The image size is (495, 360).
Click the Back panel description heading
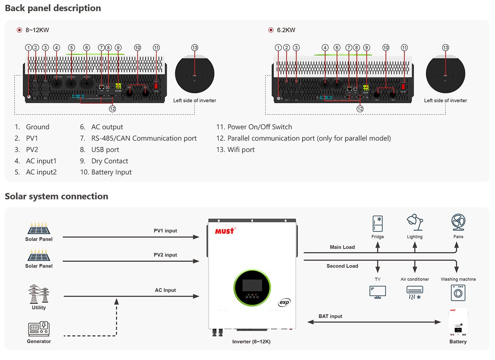point(53,8)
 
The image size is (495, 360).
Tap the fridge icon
point(377,223)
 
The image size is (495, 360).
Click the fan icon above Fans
point(458,223)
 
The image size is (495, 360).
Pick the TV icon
point(377,292)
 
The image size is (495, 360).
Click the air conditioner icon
point(415,292)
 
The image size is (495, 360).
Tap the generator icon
point(39,329)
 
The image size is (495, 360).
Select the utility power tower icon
point(39,294)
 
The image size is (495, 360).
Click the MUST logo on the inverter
point(225,230)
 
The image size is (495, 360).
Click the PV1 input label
point(165,231)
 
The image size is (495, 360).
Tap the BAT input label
point(330,316)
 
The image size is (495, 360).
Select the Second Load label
point(342,266)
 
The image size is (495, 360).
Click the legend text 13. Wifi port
point(236,150)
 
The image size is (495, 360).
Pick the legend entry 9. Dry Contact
point(104,161)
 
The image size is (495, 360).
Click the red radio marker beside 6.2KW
point(271,30)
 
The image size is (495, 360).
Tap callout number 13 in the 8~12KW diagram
point(195,48)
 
